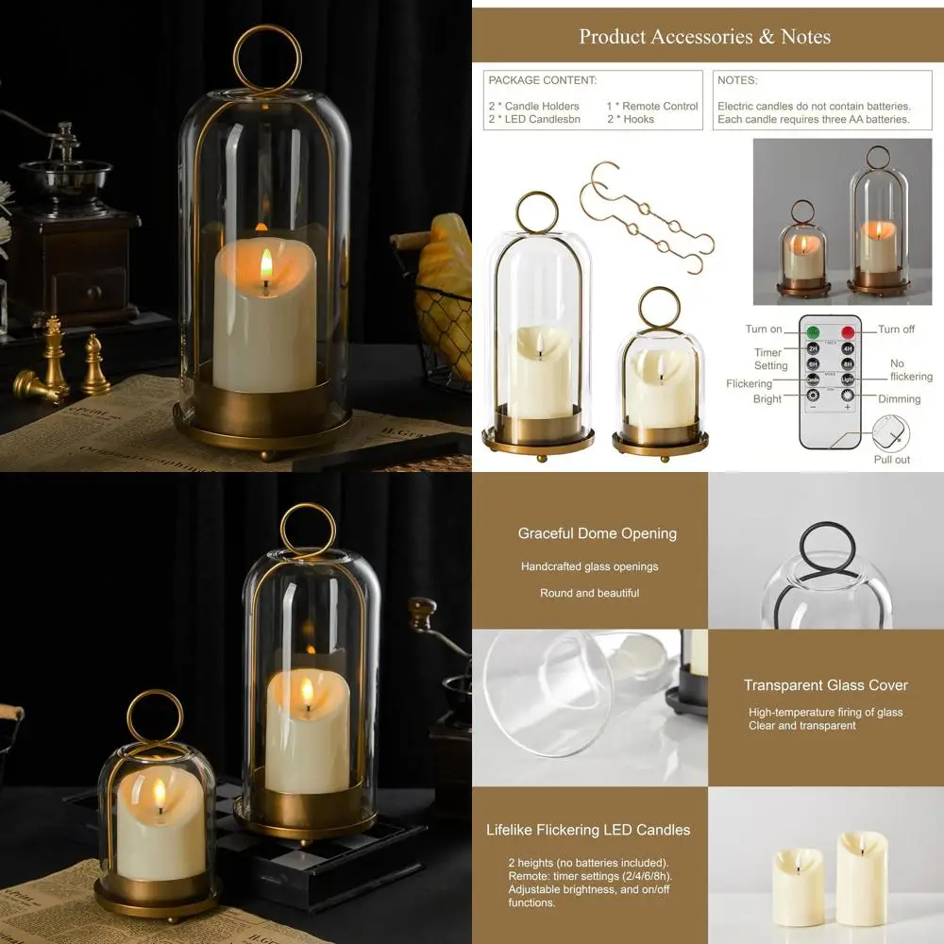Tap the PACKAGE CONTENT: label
(x=542, y=81)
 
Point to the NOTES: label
(x=737, y=81)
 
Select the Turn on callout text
(x=764, y=329)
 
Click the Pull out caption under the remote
(x=891, y=460)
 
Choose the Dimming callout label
(x=899, y=399)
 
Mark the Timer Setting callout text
(x=770, y=359)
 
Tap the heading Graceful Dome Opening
(x=597, y=533)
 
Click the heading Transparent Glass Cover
(x=825, y=685)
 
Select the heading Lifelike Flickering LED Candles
(x=588, y=830)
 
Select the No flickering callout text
(x=910, y=370)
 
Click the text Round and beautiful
(x=589, y=593)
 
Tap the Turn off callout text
(x=896, y=329)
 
